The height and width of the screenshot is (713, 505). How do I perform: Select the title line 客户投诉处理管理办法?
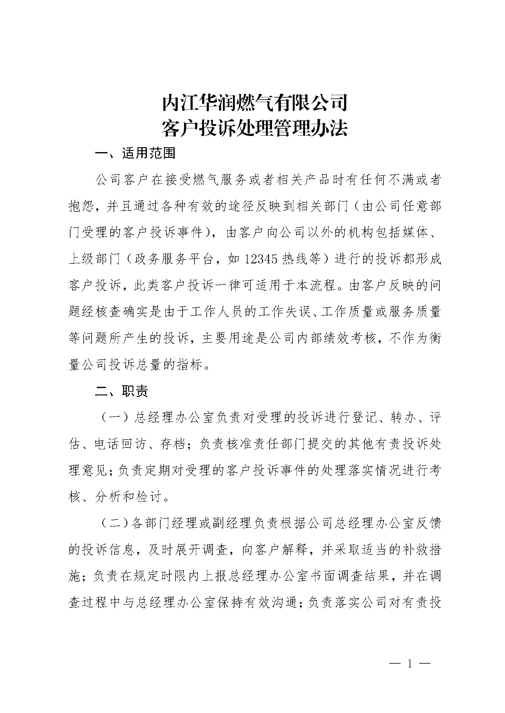254,128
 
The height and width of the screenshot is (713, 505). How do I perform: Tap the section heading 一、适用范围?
135,153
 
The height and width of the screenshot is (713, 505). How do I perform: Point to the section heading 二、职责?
122,392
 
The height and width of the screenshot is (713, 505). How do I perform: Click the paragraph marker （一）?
115,418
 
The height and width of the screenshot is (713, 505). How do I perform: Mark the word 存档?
173,445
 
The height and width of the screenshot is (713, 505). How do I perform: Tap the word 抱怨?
82,206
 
